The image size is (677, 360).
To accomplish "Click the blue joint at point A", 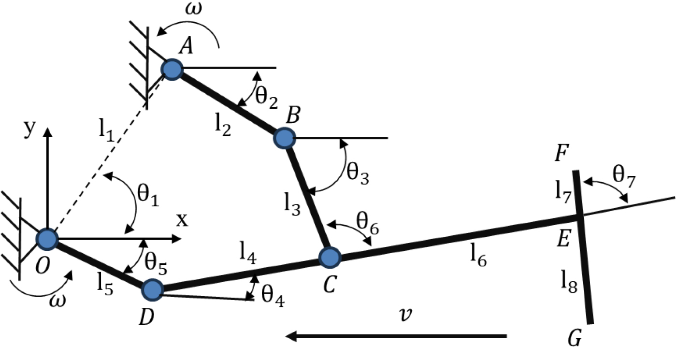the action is click(x=173, y=70).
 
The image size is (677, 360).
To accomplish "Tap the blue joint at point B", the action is click(x=284, y=138).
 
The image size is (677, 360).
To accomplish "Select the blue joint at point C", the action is click(x=330, y=258).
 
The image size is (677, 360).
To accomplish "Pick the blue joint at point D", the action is click(x=153, y=290).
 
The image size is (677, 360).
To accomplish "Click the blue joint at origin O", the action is click(x=47, y=239).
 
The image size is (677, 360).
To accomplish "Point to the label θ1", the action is click(x=148, y=195).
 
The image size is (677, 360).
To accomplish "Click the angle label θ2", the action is click(x=266, y=97).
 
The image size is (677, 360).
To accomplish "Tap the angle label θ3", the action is click(x=358, y=173).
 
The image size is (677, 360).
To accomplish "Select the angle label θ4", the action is click(x=273, y=296).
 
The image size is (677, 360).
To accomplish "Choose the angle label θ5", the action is click(x=156, y=264).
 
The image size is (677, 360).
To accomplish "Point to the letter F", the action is click(x=562, y=153).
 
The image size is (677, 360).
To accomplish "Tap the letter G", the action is click(x=575, y=337).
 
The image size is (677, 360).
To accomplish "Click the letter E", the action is click(x=563, y=238).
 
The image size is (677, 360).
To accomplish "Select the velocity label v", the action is click(x=405, y=315).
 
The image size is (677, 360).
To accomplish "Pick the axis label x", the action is click(x=182, y=220).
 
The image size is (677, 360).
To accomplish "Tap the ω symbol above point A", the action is click(x=193, y=9).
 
